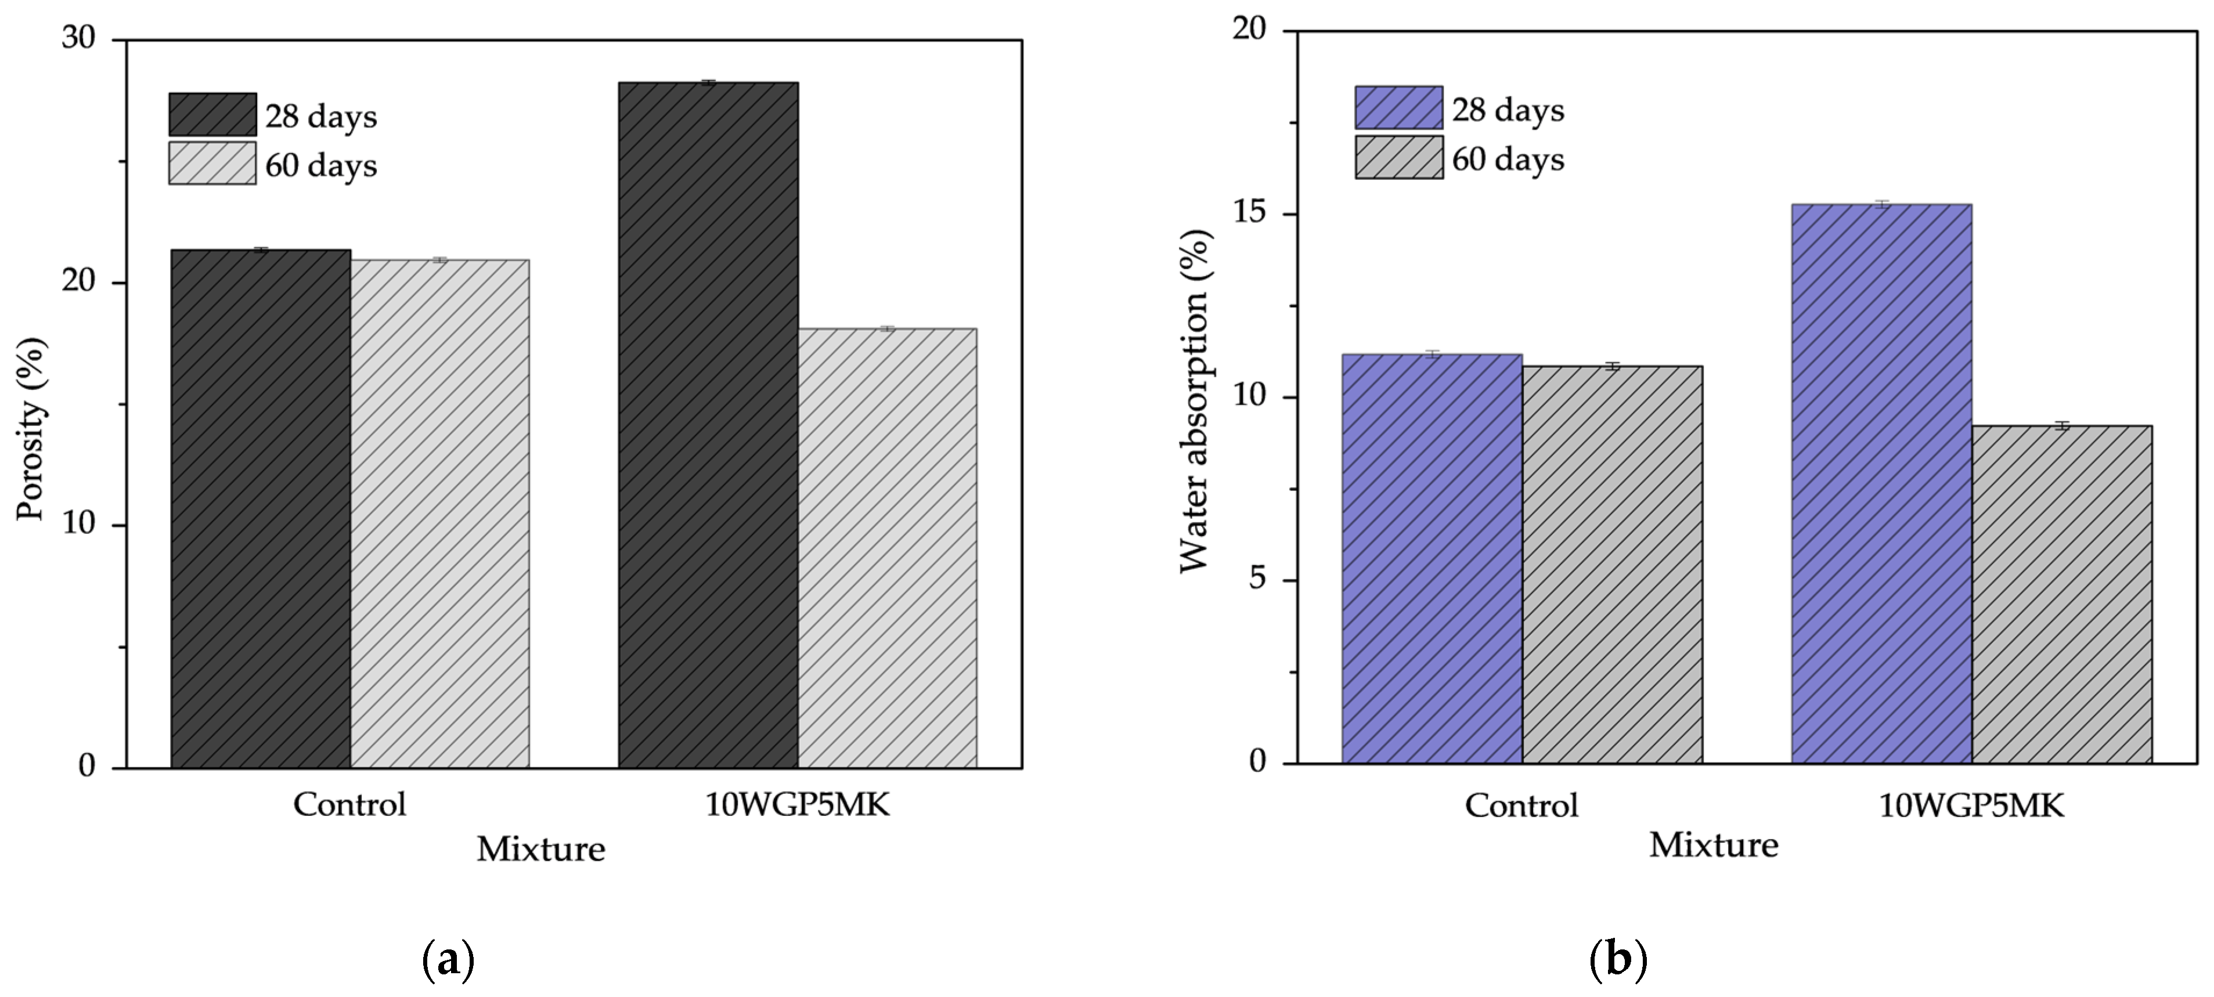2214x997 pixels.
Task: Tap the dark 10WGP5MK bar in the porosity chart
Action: pyautogui.click(x=708, y=425)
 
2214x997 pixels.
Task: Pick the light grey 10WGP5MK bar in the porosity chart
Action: pyautogui.click(x=887, y=547)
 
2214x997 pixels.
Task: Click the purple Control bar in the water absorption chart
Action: pyautogui.click(x=1432, y=559)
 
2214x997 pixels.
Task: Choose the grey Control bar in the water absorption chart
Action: pyautogui.click(x=1613, y=565)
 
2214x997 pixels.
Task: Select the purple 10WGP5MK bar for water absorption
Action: pyautogui.click(x=1882, y=484)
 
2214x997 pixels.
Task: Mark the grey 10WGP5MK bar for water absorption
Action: pyautogui.click(x=2062, y=594)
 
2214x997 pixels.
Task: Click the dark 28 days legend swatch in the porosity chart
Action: pyautogui.click(x=212, y=114)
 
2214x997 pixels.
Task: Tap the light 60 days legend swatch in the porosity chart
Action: pyautogui.click(x=212, y=163)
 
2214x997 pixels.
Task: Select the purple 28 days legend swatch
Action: pyautogui.click(x=1399, y=107)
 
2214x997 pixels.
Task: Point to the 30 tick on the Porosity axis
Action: pyautogui.click(x=78, y=39)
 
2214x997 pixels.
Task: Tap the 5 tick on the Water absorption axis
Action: pyautogui.click(x=1259, y=579)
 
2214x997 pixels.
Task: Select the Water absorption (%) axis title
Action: pyautogui.click(x=1195, y=400)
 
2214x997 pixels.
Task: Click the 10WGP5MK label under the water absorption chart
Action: pyautogui.click(x=1971, y=805)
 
